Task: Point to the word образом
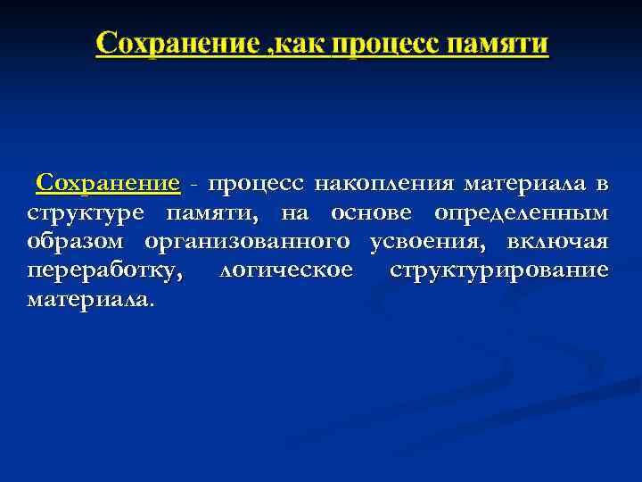(x=78, y=242)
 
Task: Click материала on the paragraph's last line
(x=89, y=299)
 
